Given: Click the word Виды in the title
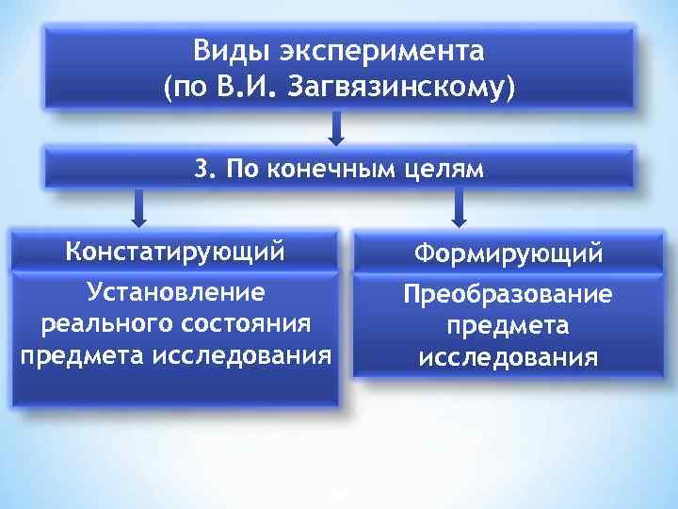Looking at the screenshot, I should coord(224,50).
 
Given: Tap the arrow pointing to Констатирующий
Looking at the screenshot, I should coord(138,207).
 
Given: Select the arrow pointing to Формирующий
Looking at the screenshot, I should coord(460,207).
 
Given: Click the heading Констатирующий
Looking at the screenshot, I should coord(175,253).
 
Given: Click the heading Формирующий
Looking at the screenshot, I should coord(508,254).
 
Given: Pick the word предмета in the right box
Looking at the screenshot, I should coord(508,326).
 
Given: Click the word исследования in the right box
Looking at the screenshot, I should coord(508,358).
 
